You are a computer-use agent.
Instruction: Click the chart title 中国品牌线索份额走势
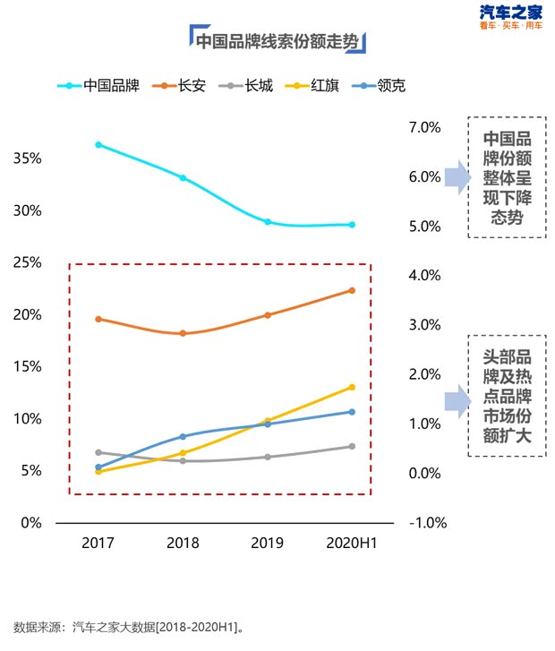click(x=277, y=40)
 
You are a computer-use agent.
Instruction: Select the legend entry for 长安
click(x=192, y=86)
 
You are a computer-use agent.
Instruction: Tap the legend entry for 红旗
click(x=323, y=86)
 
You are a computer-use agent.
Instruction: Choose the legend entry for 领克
click(x=391, y=86)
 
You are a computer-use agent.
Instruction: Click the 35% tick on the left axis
click(x=27, y=158)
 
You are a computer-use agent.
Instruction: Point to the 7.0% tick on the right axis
click(x=424, y=127)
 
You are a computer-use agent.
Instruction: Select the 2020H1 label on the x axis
click(x=352, y=543)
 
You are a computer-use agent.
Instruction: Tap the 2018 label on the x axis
click(x=183, y=543)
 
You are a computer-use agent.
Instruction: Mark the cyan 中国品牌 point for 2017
click(x=98, y=144)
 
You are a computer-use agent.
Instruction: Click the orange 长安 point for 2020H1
click(x=352, y=290)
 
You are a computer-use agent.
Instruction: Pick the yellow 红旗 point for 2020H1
click(x=352, y=387)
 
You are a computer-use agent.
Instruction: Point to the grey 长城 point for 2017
click(x=98, y=452)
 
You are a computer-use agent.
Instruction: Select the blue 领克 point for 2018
click(x=183, y=436)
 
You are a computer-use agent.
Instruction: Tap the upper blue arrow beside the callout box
click(x=457, y=177)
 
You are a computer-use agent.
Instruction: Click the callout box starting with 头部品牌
click(x=506, y=395)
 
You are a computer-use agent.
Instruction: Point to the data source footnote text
click(x=130, y=627)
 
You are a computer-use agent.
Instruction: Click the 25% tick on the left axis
click(x=27, y=262)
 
